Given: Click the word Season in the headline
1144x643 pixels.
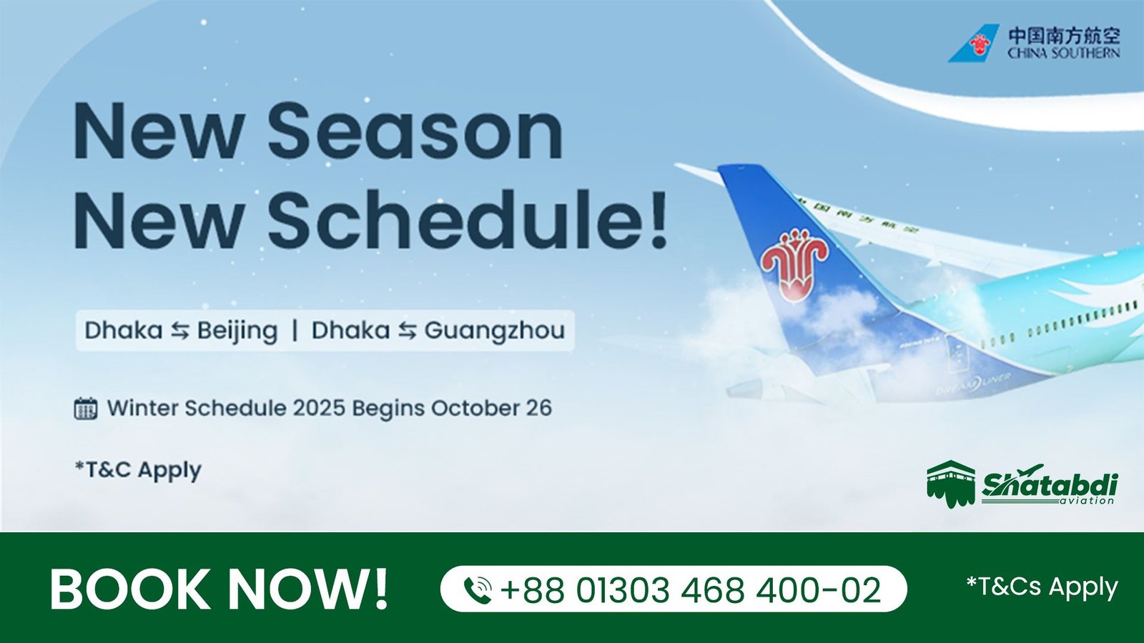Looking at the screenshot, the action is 415,131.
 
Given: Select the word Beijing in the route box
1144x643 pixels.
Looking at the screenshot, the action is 237,332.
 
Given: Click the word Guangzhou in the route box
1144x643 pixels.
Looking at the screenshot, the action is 494,332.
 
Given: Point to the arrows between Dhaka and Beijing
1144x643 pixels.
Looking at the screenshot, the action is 180,332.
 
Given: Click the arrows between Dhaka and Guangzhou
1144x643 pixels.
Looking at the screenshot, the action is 407,332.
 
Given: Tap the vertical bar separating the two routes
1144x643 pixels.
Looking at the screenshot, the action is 295,331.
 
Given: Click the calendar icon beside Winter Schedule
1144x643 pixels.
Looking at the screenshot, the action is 86,408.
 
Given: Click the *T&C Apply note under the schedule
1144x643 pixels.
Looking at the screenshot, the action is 138,470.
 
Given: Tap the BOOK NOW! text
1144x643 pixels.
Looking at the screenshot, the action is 219,589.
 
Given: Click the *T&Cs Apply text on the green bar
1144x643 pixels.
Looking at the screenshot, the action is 1042,587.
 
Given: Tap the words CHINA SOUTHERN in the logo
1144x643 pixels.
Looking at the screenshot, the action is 1064,53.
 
